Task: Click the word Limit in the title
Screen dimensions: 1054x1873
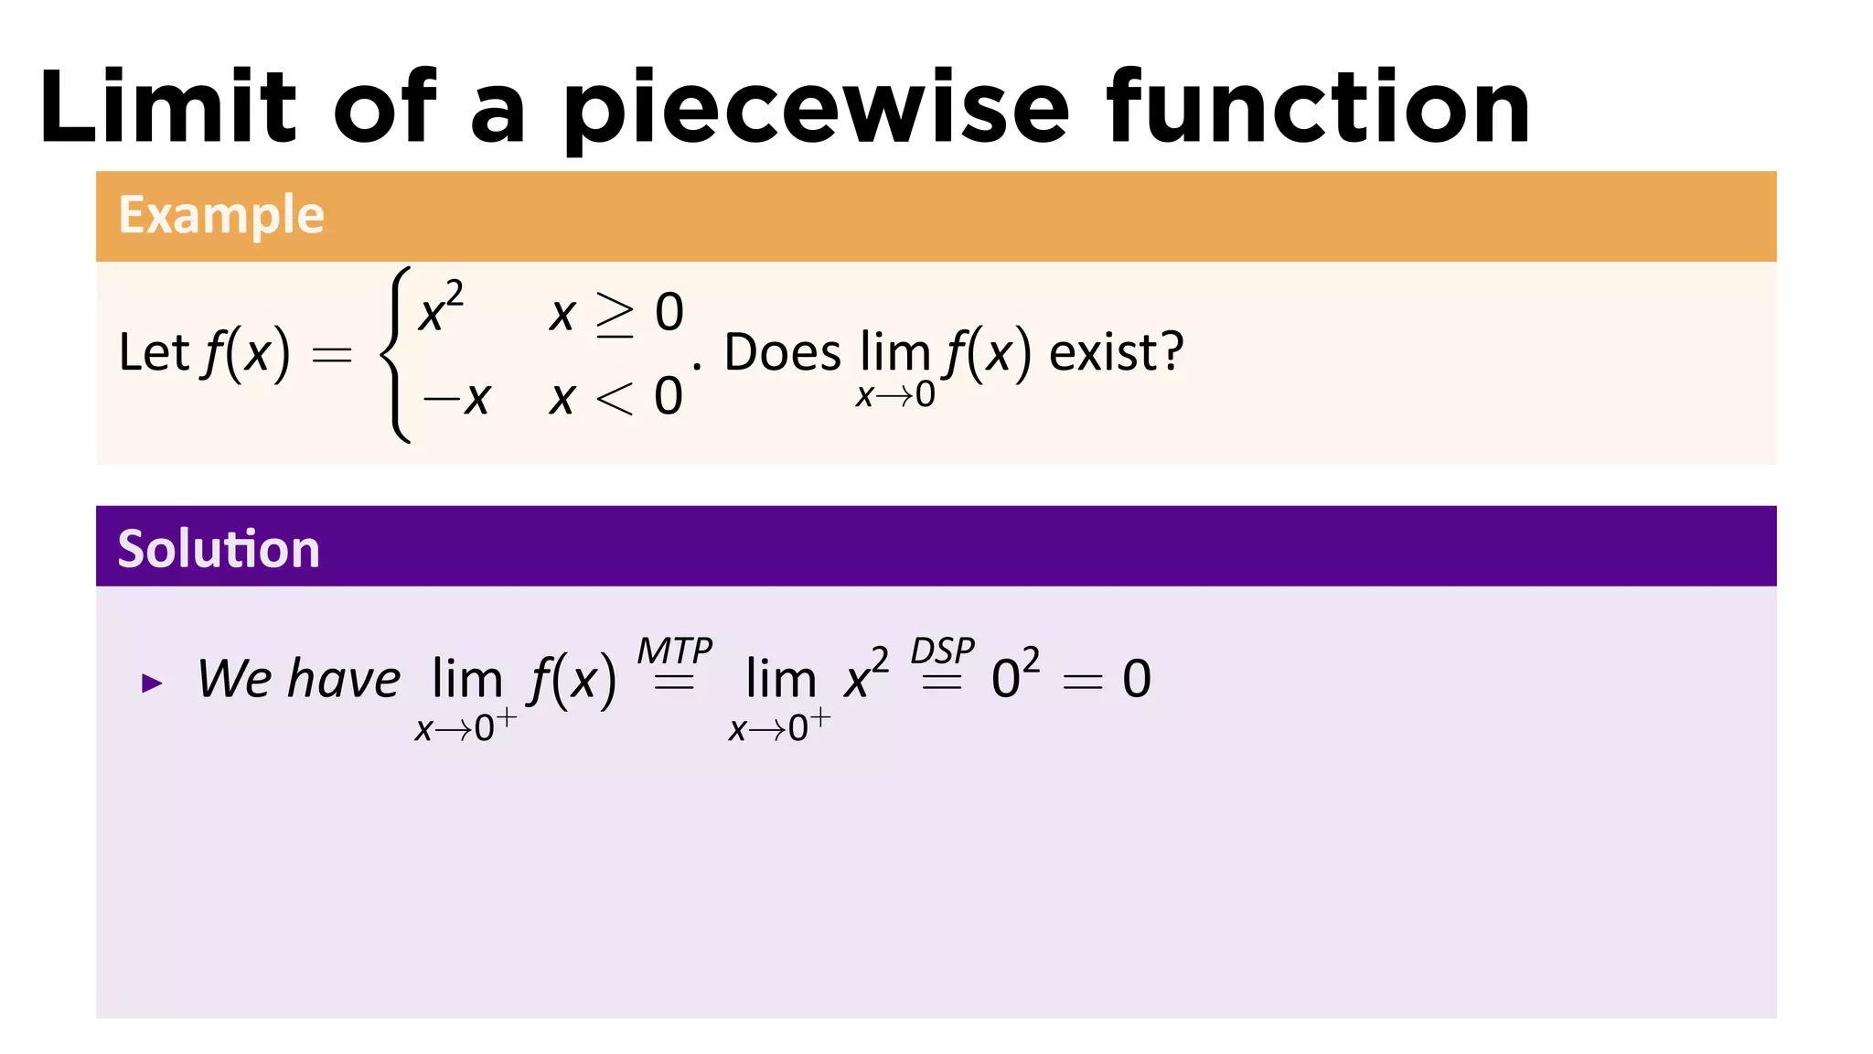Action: click(x=168, y=108)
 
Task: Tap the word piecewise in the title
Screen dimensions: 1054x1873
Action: click(x=815, y=110)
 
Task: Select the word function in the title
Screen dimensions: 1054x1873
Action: click(x=1318, y=108)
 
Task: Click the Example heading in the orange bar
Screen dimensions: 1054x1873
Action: click(x=221, y=216)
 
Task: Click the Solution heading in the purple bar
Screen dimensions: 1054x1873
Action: click(x=219, y=549)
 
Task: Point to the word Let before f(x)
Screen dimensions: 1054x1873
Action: click(x=153, y=353)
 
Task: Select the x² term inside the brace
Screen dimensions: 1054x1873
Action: click(x=441, y=308)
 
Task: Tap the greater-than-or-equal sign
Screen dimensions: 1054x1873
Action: click(x=615, y=314)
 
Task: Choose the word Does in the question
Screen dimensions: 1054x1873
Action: click(x=782, y=353)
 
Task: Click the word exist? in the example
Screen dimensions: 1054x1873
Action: click(x=1116, y=353)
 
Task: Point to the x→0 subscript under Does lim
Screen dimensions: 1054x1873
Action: click(x=895, y=395)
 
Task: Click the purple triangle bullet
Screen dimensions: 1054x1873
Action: click(x=152, y=683)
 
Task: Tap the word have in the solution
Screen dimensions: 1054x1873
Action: click(x=344, y=680)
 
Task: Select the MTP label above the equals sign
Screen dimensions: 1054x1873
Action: click(x=674, y=651)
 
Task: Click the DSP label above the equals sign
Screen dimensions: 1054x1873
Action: click(x=942, y=651)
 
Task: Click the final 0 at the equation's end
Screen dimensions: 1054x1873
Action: click(x=1137, y=680)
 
